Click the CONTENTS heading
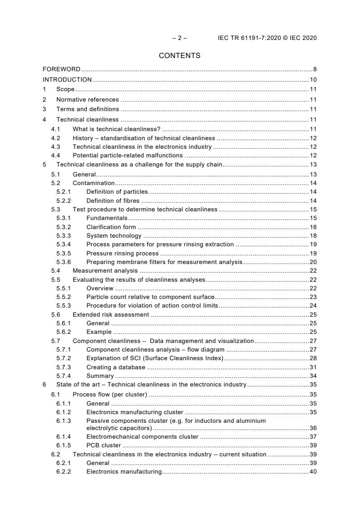(179, 56)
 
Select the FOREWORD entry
(61, 69)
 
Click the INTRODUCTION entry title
(67, 80)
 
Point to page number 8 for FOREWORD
(315, 69)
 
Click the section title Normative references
(87, 99)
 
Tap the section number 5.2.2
(64, 201)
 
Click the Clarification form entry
(111, 227)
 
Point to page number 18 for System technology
(313, 236)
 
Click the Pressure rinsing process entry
(123, 253)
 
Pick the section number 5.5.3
(64, 306)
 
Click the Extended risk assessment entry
(111, 314)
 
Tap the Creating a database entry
(116, 367)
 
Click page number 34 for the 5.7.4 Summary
(313, 376)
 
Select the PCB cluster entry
(104, 445)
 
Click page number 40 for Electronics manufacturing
(313, 472)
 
